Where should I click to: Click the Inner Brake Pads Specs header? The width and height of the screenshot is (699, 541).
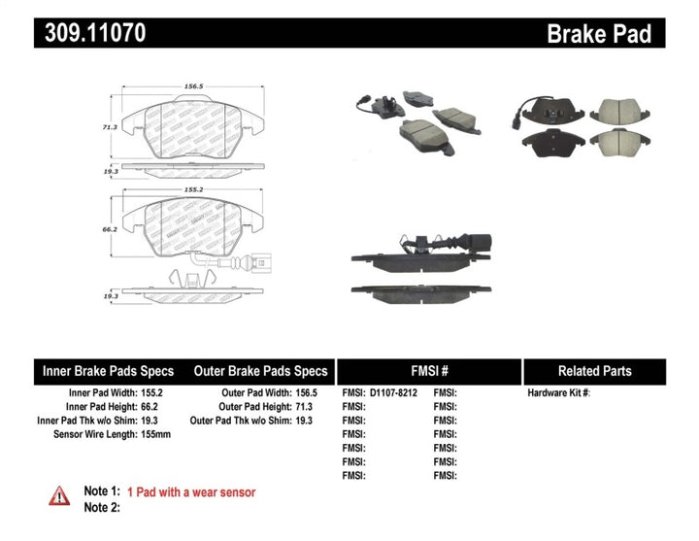[107, 371]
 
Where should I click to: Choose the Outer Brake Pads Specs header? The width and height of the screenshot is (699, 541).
[260, 371]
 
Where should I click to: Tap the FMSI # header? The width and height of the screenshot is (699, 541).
[428, 371]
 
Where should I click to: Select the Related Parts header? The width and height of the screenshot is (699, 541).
[594, 371]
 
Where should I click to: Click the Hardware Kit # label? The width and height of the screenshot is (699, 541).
[558, 393]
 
